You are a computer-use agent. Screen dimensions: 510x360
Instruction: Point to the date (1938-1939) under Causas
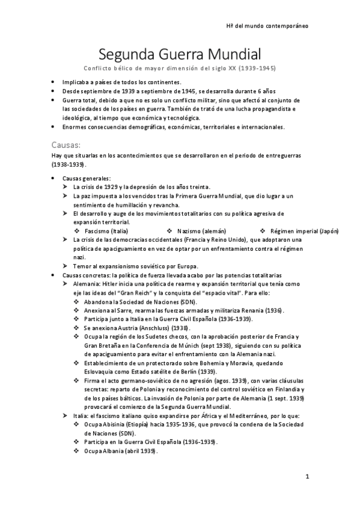click(x=70, y=164)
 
